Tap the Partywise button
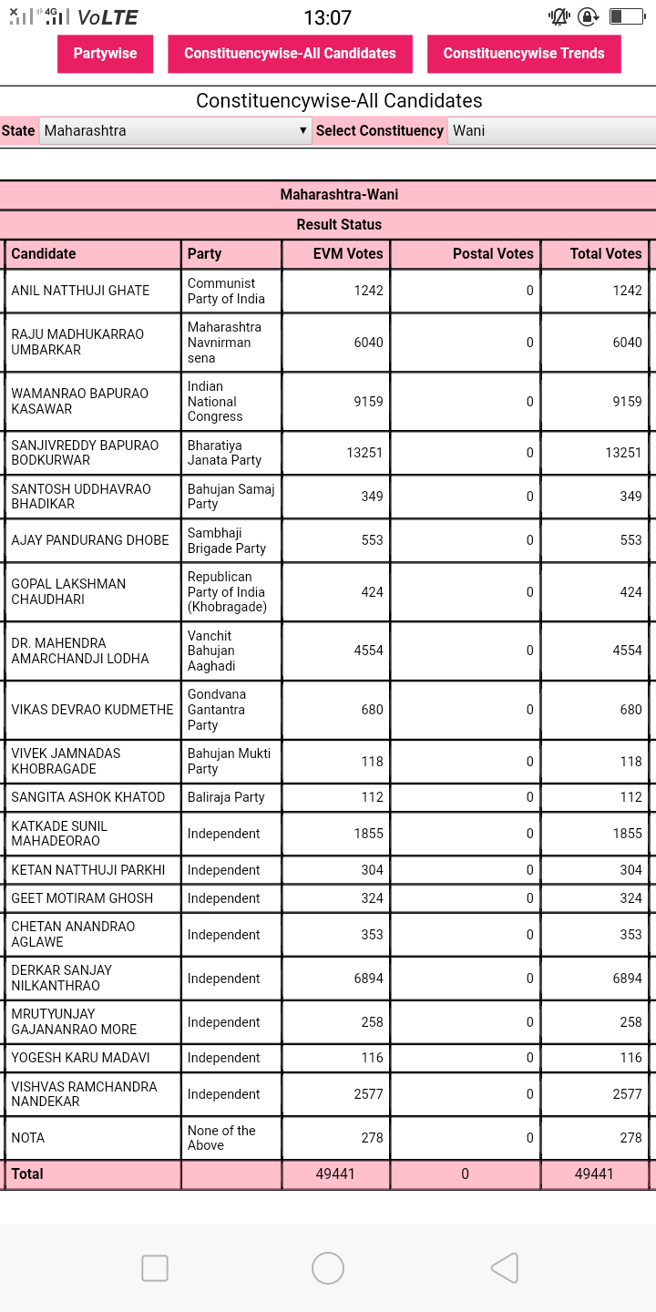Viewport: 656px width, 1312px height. (x=105, y=54)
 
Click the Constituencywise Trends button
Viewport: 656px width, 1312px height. (x=524, y=54)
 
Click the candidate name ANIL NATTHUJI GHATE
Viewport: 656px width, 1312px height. (x=80, y=291)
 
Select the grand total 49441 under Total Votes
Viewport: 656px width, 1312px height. (x=594, y=1174)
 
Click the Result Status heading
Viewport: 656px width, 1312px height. (x=339, y=224)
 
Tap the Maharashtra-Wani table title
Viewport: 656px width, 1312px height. (x=339, y=195)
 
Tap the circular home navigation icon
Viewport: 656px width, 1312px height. (x=328, y=1268)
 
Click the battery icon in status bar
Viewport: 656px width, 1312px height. (x=627, y=16)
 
